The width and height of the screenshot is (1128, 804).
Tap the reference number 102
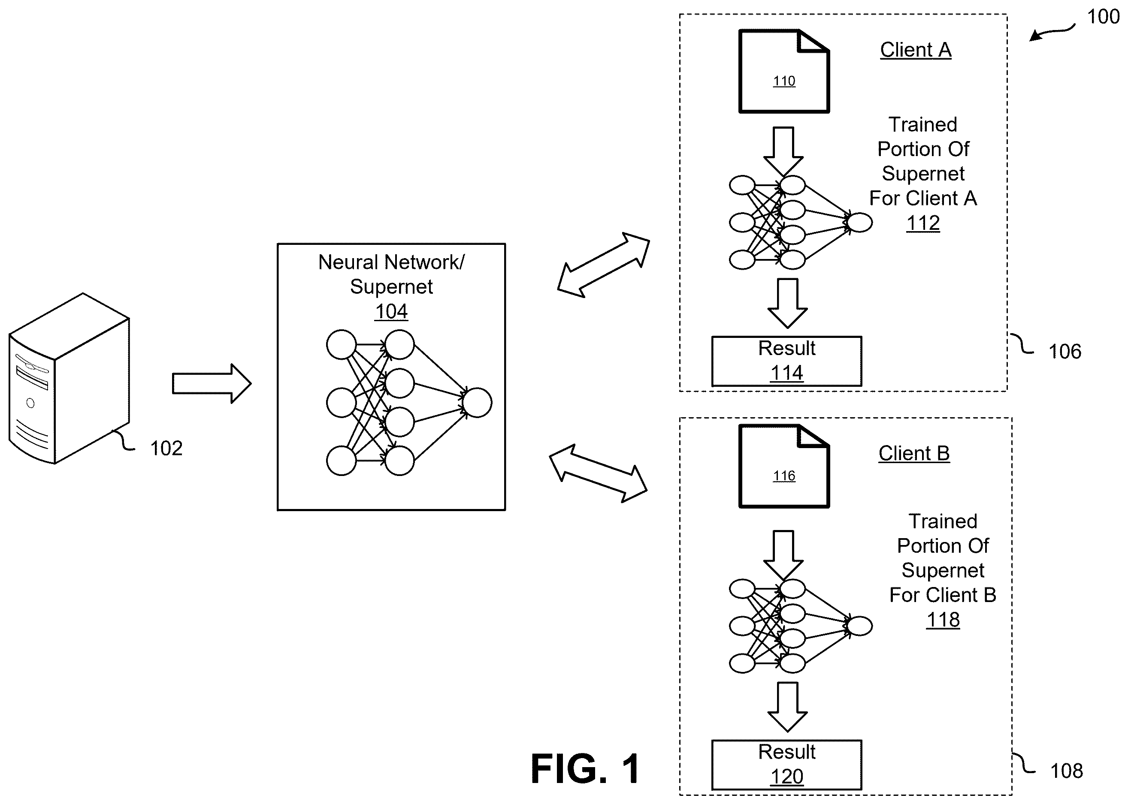coord(166,449)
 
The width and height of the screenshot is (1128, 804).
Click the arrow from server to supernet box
coord(212,384)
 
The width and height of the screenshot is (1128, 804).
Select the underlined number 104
coord(391,311)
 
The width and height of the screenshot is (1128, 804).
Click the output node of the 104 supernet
coord(477,403)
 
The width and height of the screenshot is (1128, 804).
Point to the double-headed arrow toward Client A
coord(603,265)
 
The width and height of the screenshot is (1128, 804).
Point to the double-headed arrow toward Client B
coord(599,473)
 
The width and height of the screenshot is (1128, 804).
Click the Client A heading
coord(916,50)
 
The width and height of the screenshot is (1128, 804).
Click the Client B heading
coord(914,454)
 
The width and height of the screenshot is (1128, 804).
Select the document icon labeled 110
coord(784,71)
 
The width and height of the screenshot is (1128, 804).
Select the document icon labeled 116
coord(784,466)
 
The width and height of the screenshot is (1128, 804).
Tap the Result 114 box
coord(786,361)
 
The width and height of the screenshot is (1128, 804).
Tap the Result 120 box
coord(786,765)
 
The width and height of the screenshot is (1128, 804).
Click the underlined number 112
coord(923,223)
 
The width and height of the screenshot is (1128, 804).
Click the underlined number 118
coord(943,620)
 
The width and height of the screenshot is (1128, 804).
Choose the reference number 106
coord(1065,352)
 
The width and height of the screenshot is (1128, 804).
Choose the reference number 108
coord(1067,771)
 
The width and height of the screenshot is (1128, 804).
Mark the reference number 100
coord(1103,17)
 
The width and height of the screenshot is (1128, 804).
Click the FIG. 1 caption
coord(586,769)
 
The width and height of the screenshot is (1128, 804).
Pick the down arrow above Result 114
coord(788,303)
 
